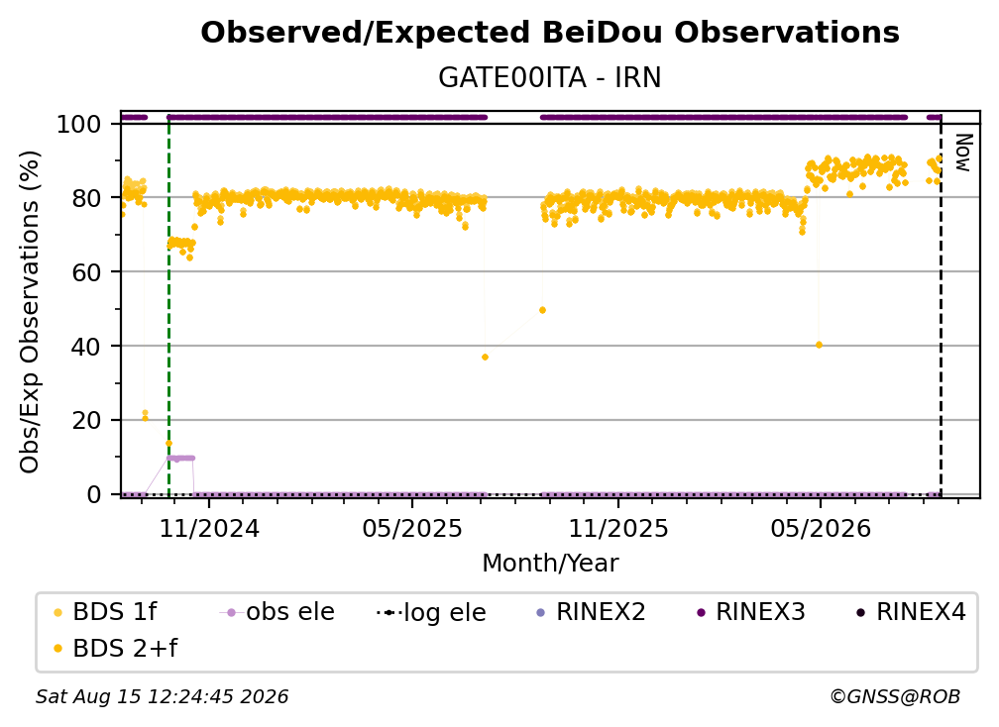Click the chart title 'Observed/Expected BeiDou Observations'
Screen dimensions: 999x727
click(550, 33)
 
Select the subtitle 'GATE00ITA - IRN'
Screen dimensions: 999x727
click(550, 78)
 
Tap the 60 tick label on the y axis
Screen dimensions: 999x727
click(86, 271)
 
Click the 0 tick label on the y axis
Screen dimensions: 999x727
click(94, 494)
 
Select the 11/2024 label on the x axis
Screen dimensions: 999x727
click(209, 529)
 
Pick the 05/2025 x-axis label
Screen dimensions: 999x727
click(412, 529)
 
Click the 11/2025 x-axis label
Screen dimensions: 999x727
click(618, 529)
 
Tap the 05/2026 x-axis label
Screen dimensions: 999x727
click(821, 529)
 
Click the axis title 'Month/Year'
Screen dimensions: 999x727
click(550, 564)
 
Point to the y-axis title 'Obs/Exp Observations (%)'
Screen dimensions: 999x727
click(30, 312)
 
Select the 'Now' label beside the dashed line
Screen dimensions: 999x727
click(963, 153)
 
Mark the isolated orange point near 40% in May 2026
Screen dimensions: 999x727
click(819, 345)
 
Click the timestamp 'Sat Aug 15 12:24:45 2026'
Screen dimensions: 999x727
click(162, 697)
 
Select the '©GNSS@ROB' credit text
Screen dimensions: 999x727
click(895, 697)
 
